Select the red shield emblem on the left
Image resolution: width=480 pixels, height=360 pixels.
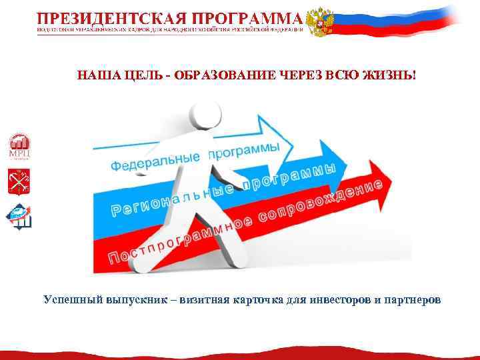coord(18,181)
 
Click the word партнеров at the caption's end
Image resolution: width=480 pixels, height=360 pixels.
coord(413,299)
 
